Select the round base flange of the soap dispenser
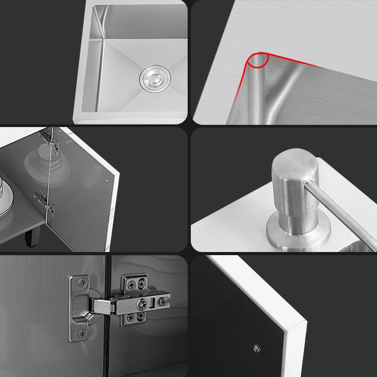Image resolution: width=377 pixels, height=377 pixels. pyautogui.click(x=298, y=236)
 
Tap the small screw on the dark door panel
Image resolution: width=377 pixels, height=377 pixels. pyautogui.click(x=257, y=348)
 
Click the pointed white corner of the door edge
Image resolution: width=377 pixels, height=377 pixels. pyautogui.click(x=303, y=324)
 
